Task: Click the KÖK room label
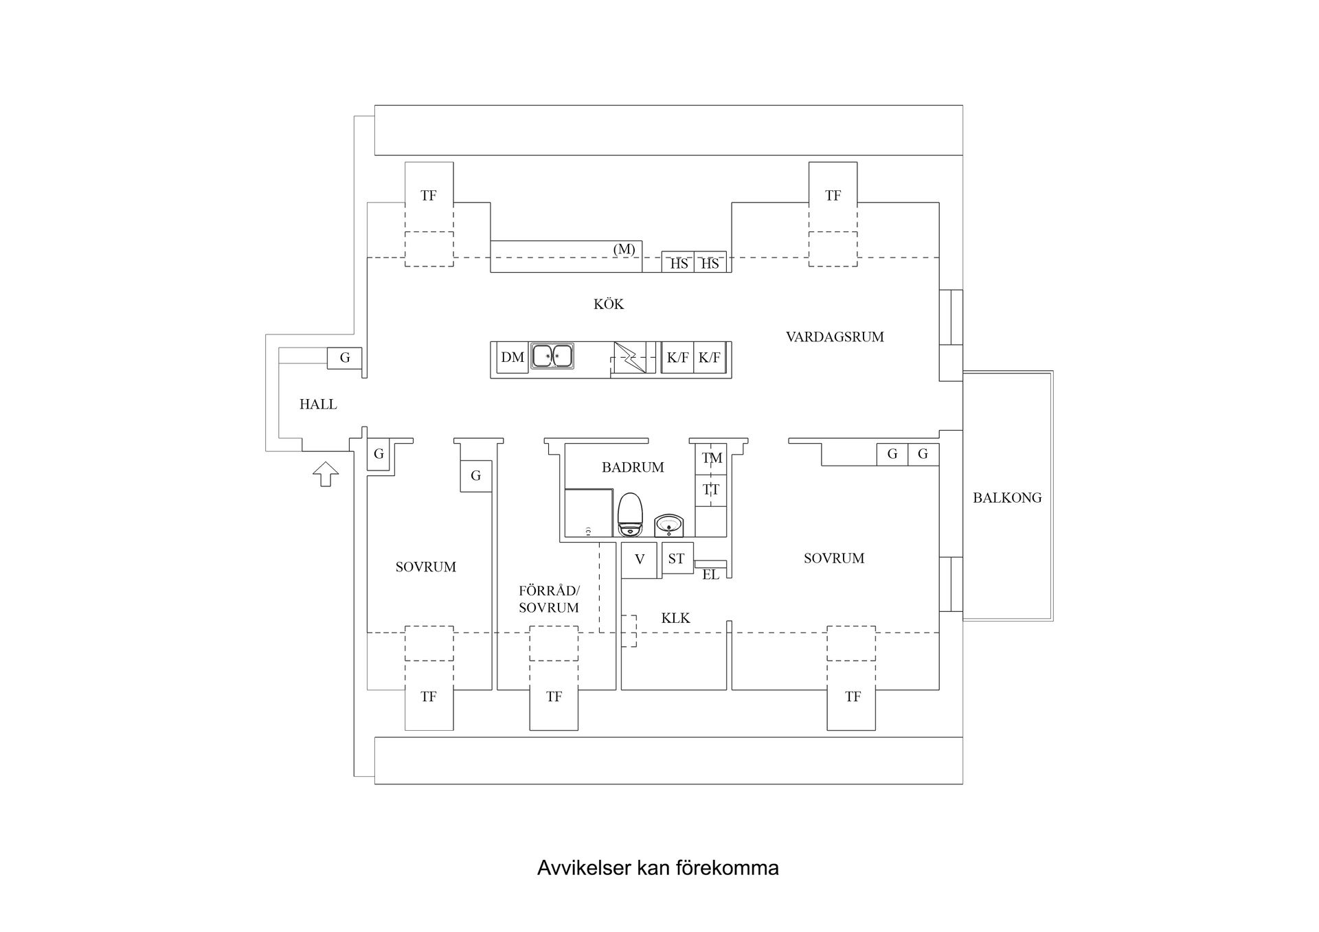click(x=609, y=304)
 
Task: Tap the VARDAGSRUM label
click(x=835, y=337)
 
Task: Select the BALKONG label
click(x=1007, y=498)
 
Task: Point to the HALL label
click(x=318, y=404)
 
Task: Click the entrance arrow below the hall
click(x=326, y=474)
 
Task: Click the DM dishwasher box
click(x=512, y=357)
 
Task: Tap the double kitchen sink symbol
click(x=552, y=356)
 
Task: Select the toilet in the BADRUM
click(x=630, y=515)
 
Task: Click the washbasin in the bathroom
click(x=668, y=525)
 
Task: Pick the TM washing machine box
click(x=712, y=458)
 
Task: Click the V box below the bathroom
click(x=640, y=559)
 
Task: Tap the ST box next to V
click(x=676, y=558)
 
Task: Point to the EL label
click(x=710, y=575)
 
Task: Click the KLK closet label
click(x=675, y=618)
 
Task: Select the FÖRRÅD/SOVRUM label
click(x=549, y=599)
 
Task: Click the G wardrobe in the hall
click(x=345, y=357)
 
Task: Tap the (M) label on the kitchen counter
click(x=624, y=249)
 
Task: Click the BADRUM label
click(x=633, y=467)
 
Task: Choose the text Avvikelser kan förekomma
click(x=657, y=868)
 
